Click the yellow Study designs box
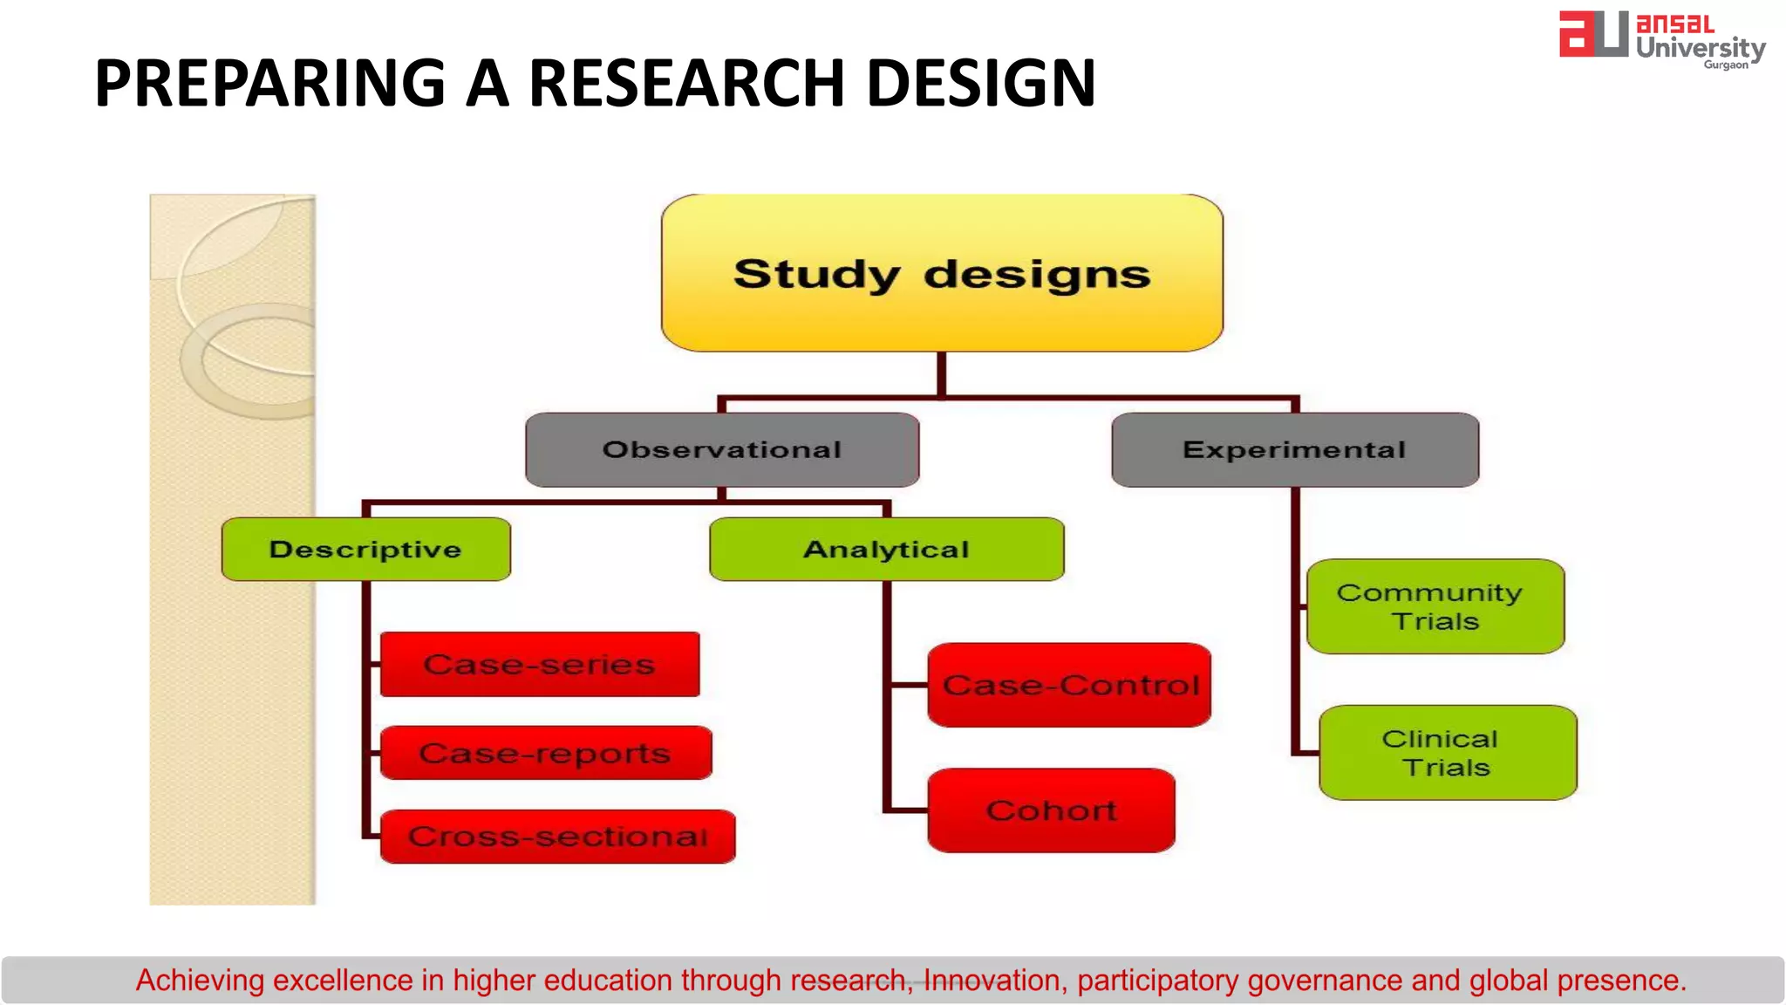click(x=942, y=273)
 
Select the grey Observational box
click(x=722, y=449)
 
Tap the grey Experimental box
click(x=1295, y=449)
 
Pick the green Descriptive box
click(x=366, y=549)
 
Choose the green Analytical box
click(x=887, y=549)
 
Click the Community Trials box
click(x=1435, y=606)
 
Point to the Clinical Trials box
click(x=1448, y=752)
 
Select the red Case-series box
click(x=540, y=664)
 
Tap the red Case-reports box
click(x=546, y=752)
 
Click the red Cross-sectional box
click(x=557, y=836)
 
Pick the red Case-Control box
click(x=1069, y=685)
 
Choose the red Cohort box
click(x=1051, y=810)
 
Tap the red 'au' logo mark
click(x=1593, y=35)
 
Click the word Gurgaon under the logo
click(x=1726, y=65)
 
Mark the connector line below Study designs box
click(x=942, y=375)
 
